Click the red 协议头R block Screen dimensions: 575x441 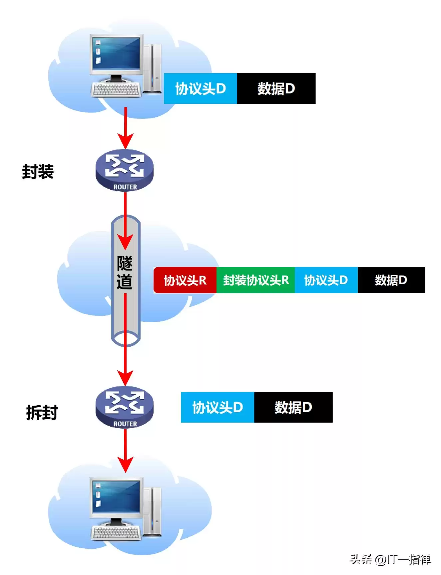click(x=185, y=280)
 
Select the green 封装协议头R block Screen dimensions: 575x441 click(x=255, y=280)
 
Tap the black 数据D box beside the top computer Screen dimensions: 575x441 click(x=276, y=89)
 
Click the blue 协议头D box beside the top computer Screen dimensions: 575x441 click(x=200, y=89)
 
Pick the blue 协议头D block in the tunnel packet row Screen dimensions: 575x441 click(x=326, y=280)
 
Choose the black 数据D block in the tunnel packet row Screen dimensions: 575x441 click(x=391, y=280)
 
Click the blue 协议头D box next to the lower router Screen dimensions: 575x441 click(x=217, y=407)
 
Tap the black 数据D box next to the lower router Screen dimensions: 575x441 click(x=293, y=407)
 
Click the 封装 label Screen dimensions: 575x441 click(x=38, y=172)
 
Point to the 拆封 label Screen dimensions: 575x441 click(x=42, y=413)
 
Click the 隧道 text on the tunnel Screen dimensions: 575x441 click(x=125, y=273)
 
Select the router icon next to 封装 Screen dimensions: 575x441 click(x=125, y=170)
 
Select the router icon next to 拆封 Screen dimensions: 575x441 click(x=125, y=407)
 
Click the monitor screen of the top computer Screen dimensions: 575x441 click(x=116, y=53)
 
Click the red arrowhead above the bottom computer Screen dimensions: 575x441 click(x=125, y=464)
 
